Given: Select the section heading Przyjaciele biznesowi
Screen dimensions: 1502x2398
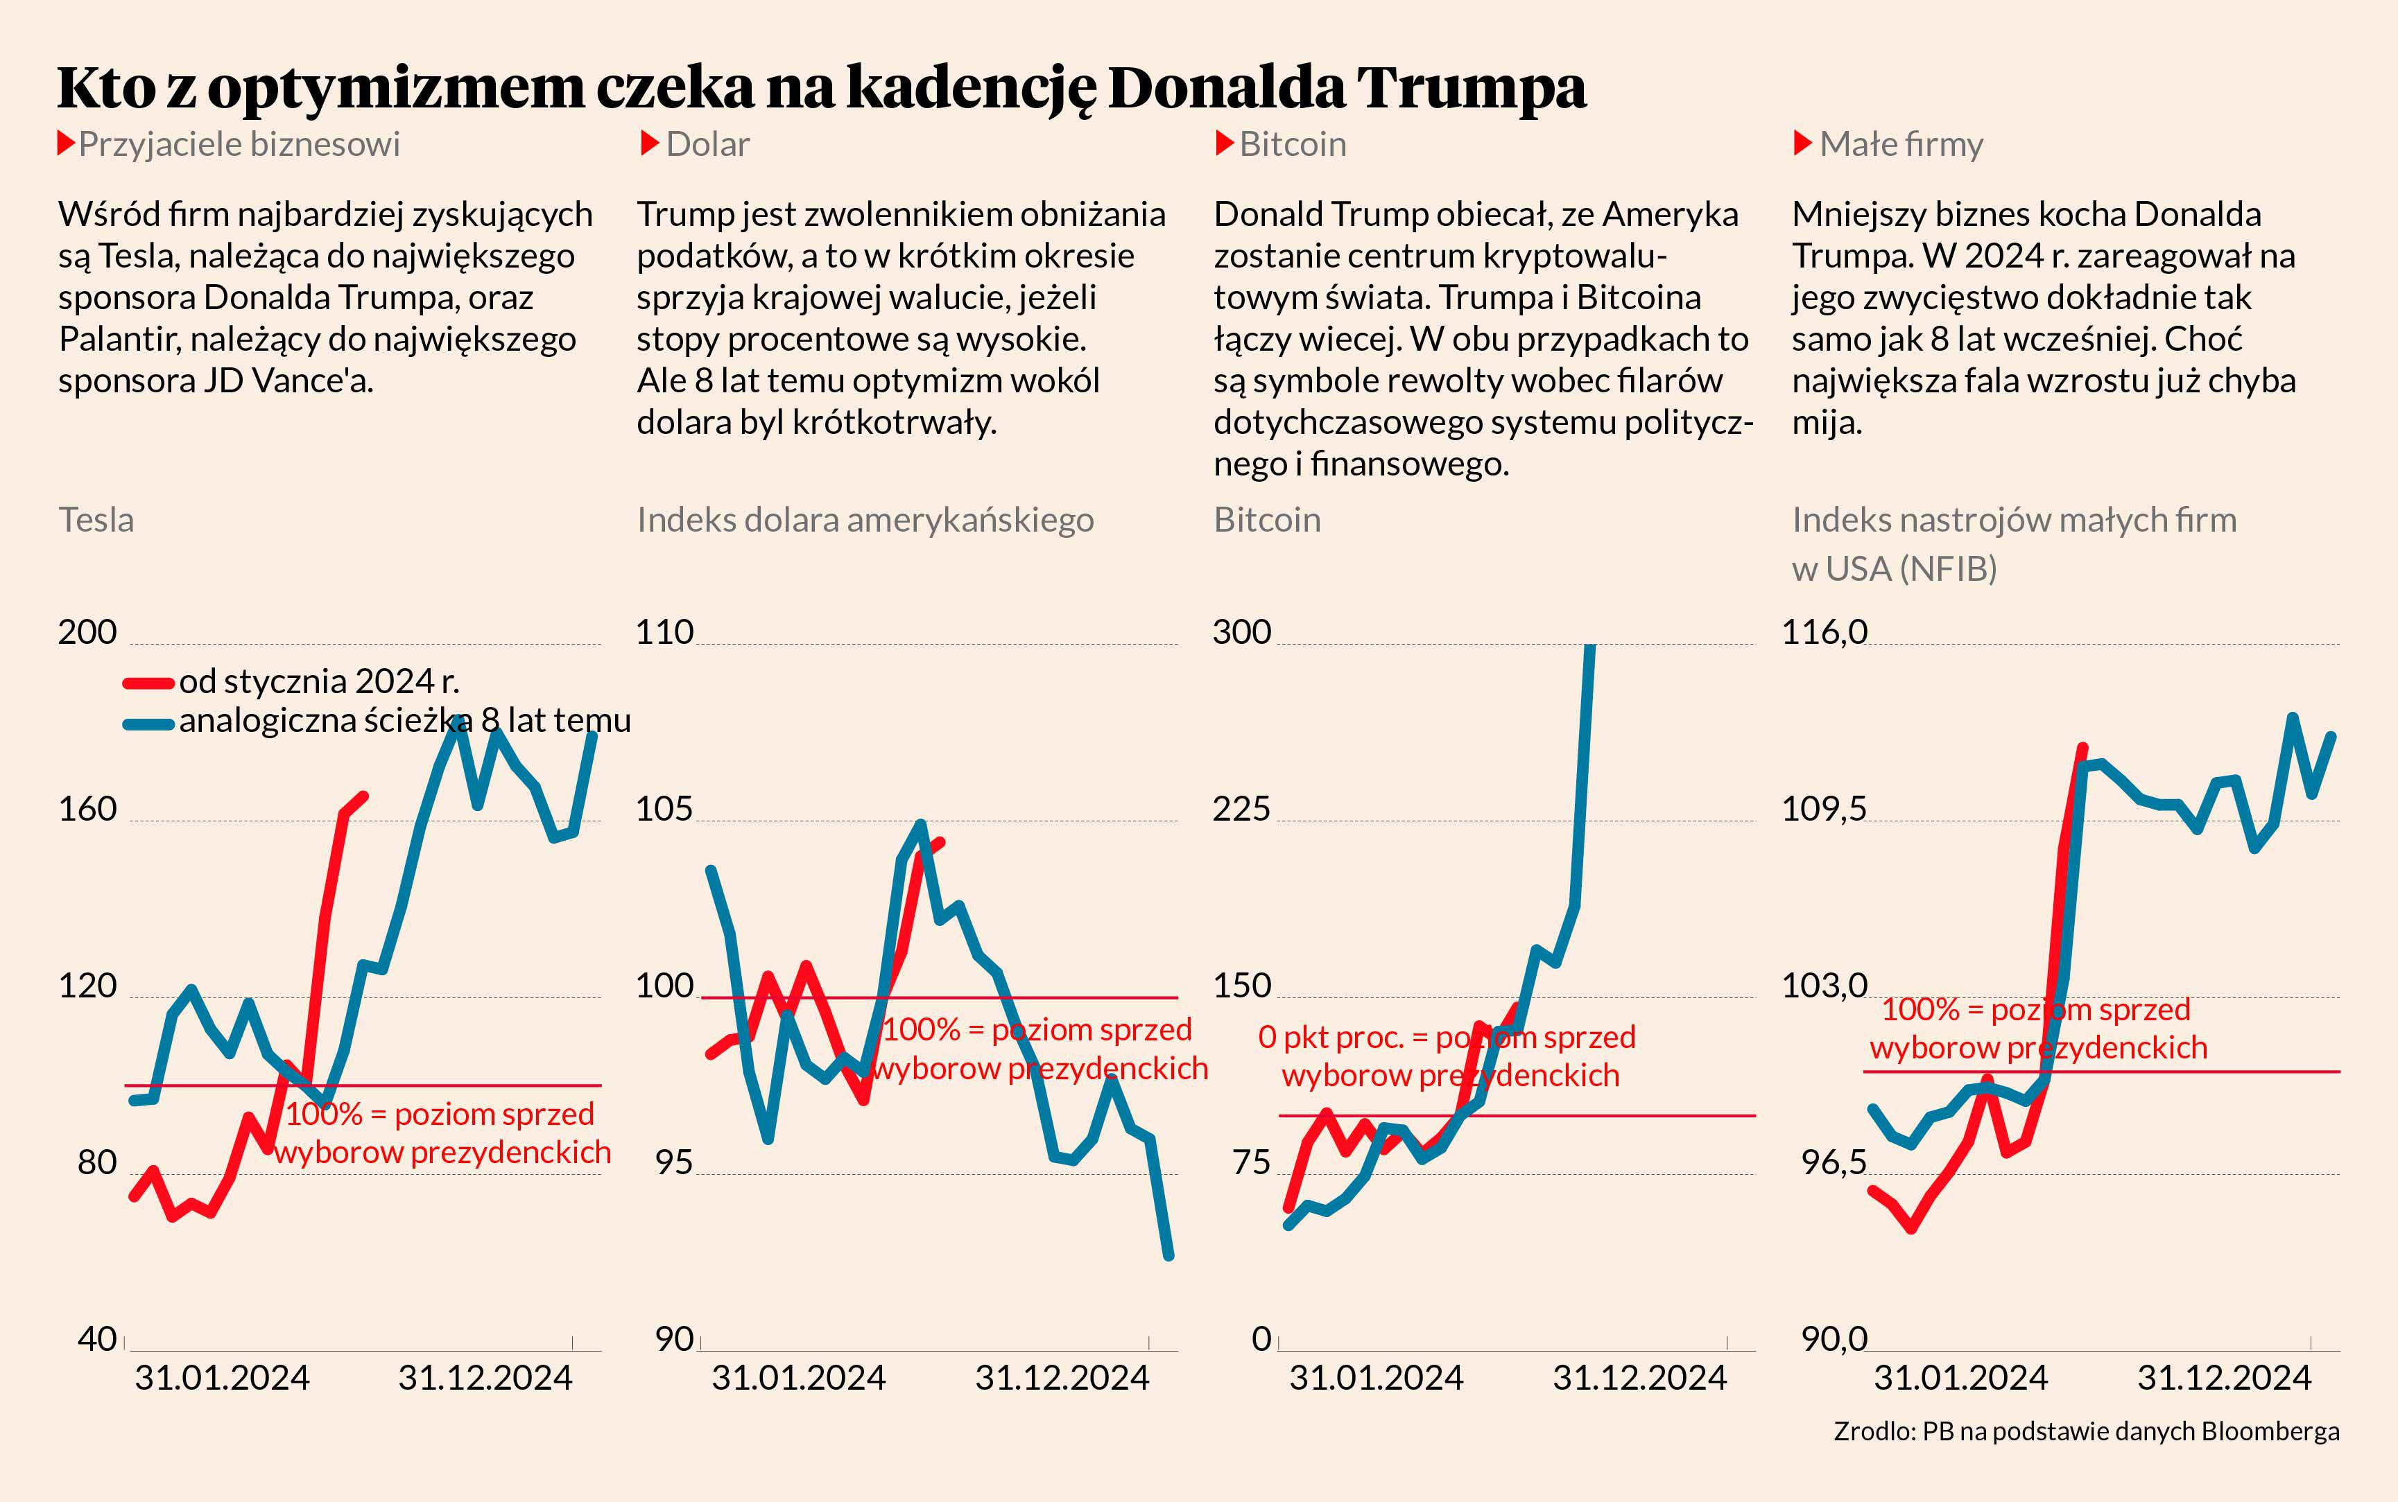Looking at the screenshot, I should tap(239, 145).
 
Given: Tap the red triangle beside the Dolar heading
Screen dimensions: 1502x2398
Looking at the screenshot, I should tap(650, 144).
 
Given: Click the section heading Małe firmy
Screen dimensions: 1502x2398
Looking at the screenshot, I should tap(1900, 145).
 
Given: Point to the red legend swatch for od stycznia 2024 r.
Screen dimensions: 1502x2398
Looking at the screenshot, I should tap(148, 683).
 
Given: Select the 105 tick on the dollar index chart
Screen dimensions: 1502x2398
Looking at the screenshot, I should tap(664, 810).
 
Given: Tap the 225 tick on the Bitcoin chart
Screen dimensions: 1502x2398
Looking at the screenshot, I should tap(1241, 810).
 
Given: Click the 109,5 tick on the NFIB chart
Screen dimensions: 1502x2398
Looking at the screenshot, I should tap(1824, 810).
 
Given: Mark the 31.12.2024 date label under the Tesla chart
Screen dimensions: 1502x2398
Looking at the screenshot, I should tap(485, 1379).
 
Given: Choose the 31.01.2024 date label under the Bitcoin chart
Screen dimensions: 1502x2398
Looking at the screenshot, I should tap(1377, 1379).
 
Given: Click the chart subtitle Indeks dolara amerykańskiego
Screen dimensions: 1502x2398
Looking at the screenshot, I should tap(865, 521).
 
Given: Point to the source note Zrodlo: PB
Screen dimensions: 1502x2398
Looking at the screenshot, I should tap(2086, 1431).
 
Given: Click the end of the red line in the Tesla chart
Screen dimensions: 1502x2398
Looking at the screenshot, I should tap(364, 796).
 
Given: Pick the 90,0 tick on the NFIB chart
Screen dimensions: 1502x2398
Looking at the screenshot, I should tap(1834, 1340).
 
